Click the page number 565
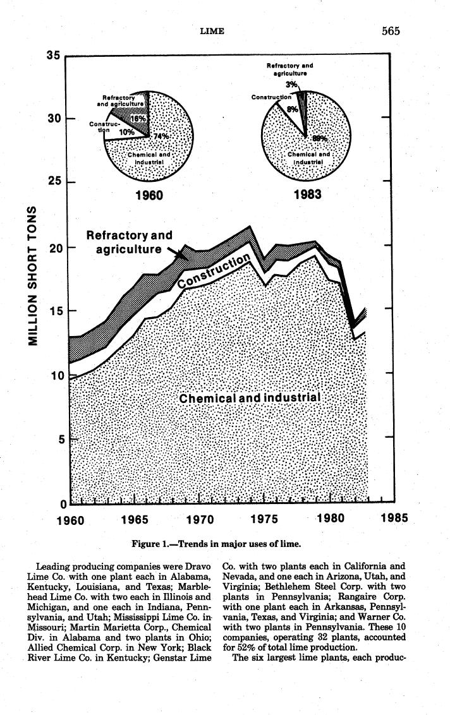(391, 31)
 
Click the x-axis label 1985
(394, 519)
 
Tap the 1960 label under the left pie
(150, 195)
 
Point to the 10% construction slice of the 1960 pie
(126, 132)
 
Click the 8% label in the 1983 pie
(292, 109)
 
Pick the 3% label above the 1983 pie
(291, 84)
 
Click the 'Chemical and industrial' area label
(250, 398)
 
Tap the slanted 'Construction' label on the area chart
(214, 271)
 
